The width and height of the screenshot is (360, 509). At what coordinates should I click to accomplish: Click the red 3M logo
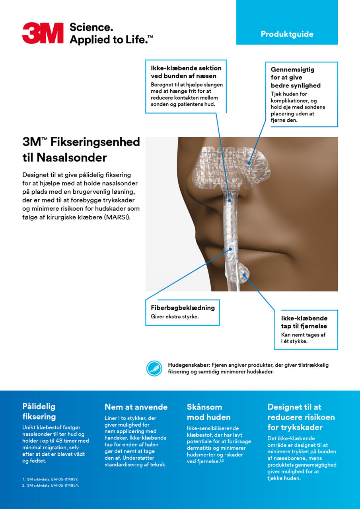tap(43, 33)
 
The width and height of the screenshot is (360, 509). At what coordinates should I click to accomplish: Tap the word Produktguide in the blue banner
tap(287, 34)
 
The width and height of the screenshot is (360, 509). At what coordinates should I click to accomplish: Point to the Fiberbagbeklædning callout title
tap(183, 308)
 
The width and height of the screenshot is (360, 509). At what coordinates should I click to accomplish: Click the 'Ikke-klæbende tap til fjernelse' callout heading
tap(304, 322)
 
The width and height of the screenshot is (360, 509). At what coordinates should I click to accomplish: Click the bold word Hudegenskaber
tap(188, 365)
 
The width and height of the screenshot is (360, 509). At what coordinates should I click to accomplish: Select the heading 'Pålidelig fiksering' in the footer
tap(39, 411)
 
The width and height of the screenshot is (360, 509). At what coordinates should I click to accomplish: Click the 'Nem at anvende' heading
tap(136, 407)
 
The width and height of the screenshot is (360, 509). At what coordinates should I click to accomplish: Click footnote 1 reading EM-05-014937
tap(51, 480)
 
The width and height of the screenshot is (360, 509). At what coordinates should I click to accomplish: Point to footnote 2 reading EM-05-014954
tap(51, 486)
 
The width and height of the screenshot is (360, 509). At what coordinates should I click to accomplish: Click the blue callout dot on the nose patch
tap(249, 163)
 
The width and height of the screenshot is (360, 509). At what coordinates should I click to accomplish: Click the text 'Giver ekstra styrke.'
tap(175, 317)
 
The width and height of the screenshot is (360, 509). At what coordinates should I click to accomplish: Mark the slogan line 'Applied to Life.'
tap(111, 39)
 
